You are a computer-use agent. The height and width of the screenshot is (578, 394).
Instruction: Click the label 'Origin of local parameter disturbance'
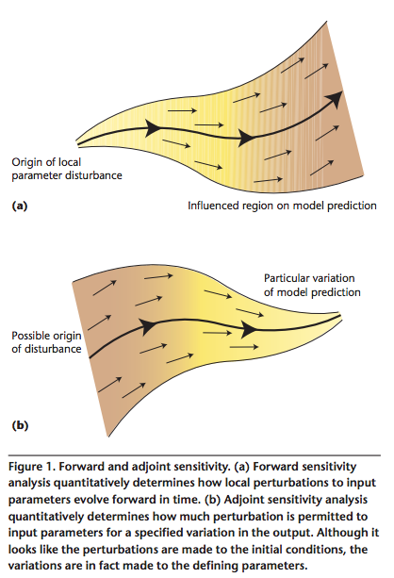pyautogui.click(x=67, y=169)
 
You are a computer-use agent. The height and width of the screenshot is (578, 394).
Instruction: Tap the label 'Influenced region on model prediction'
pyautogui.click(x=283, y=206)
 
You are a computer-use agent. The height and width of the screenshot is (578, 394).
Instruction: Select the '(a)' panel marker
pyautogui.click(x=20, y=206)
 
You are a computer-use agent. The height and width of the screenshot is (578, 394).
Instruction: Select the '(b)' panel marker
pyautogui.click(x=20, y=425)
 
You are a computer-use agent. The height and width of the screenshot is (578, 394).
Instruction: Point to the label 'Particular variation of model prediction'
pyautogui.click(x=312, y=285)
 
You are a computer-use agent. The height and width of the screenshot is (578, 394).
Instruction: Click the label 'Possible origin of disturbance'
pyautogui.click(x=46, y=342)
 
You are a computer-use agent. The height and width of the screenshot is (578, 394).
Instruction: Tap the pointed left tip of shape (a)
pyautogui.click(x=76, y=143)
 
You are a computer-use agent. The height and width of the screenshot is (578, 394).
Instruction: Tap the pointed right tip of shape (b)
pyautogui.click(x=341, y=316)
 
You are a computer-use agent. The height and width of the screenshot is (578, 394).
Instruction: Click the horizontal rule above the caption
pyautogui.click(x=194, y=455)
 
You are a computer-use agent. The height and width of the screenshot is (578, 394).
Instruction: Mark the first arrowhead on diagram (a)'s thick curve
pyautogui.click(x=153, y=128)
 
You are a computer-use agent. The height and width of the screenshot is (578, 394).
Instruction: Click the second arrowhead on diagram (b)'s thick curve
pyautogui.click(x=249, y=328)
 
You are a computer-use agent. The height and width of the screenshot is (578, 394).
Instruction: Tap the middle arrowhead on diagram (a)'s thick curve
pyautogui.click(x=246, y=138)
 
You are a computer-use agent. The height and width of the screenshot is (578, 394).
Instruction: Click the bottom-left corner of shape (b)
pyautogui.click(x=108, y=437)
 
